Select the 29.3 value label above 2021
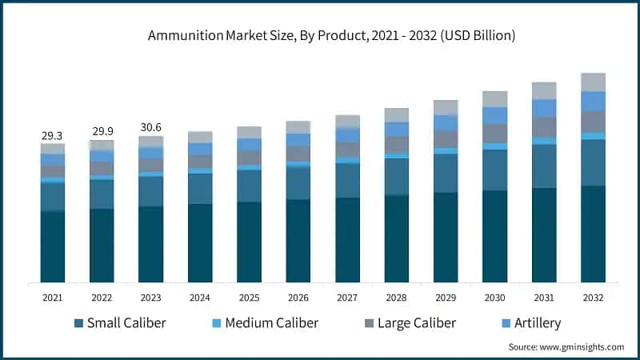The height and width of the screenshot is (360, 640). pos(53,137)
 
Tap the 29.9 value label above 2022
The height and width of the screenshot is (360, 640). pos(102,132)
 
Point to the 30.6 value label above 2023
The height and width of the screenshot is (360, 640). pos(150,127)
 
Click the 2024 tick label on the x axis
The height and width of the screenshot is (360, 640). pos(200,298)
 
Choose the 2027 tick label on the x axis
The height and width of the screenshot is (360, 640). pos(347,298)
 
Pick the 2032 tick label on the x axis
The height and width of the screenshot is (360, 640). pos(593,298)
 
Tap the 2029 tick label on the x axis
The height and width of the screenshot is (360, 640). pos(446,298)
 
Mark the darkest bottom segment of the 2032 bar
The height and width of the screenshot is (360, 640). pos(593,234)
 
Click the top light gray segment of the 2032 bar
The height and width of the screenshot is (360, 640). pos(593,82)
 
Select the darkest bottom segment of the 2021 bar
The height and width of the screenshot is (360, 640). pos(53,246)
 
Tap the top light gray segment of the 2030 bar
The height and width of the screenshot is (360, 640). pos(494,98)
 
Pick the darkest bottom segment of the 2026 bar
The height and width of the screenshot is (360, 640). pos(298,241)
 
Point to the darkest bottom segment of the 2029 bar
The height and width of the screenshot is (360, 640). pos(446,237)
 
